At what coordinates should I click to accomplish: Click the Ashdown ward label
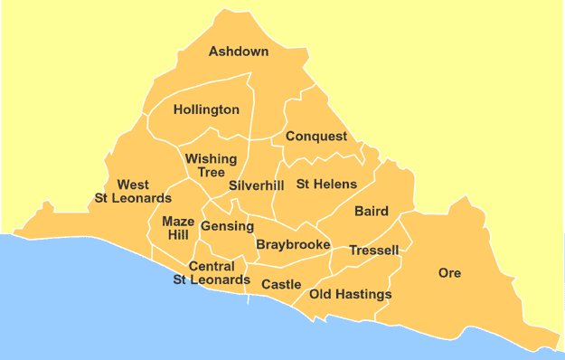(239, 52)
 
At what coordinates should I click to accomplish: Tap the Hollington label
(206, 110)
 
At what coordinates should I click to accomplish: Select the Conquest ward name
(316, 137)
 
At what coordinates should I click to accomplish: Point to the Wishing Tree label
(211, 166)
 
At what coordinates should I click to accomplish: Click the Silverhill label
(256, 185)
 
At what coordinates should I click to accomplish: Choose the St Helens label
(326, 185)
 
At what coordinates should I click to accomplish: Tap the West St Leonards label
(133, 192)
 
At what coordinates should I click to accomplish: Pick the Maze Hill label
(177, 228)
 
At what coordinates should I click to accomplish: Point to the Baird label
(372, 212)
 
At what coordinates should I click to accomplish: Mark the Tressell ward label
(373, 251)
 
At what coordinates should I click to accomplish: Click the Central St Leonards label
(212, 273)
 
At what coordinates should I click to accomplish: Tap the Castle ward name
(281, 285)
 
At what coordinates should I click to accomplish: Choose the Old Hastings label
(350, 295)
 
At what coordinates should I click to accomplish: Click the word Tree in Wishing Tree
(212, 173)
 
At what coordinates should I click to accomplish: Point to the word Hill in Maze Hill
(178, 235)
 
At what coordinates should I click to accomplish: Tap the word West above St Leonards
(133, 185)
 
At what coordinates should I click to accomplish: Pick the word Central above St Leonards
(212, 267)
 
